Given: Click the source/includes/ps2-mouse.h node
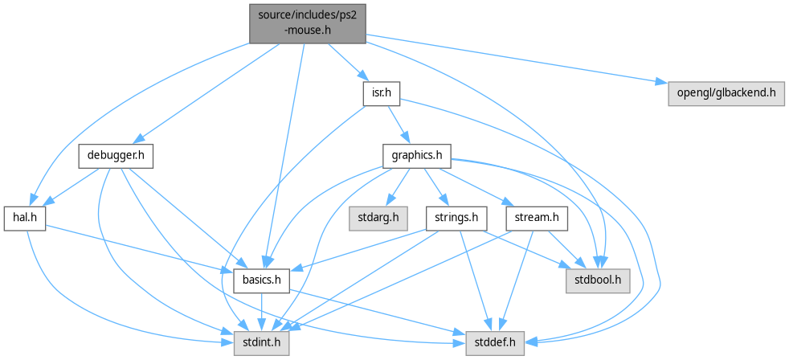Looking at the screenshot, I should tap(307, 22).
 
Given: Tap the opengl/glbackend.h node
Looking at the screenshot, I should tap(726, 94).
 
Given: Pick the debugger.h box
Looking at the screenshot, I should tap(117, 155).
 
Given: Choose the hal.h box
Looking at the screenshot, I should tap(24, 219).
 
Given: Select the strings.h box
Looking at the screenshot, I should tap(457, 218).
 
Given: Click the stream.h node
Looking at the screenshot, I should tap(537, 218).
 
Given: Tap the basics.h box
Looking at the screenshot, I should tap(260, 280).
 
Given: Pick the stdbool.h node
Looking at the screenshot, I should tap(598, 280).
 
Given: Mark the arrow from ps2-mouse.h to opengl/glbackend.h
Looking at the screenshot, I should tap(514, 59).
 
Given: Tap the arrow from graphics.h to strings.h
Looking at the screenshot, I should tap(437, 186).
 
